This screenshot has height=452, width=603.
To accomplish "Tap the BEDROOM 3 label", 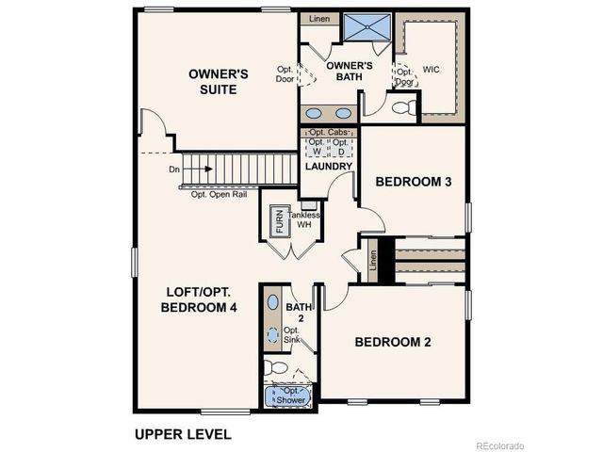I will (415, 182).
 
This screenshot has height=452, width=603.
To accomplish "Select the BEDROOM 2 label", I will (393, 342).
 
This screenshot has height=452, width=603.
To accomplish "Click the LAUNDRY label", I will (328, 167).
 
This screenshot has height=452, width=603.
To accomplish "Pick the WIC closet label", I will (432, 70).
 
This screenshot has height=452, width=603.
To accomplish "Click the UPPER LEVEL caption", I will (183, 435).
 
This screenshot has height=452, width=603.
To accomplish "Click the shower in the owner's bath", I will (363, 27).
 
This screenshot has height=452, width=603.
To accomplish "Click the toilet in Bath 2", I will (274, 366).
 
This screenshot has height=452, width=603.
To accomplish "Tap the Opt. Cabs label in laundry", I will (328, 134).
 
